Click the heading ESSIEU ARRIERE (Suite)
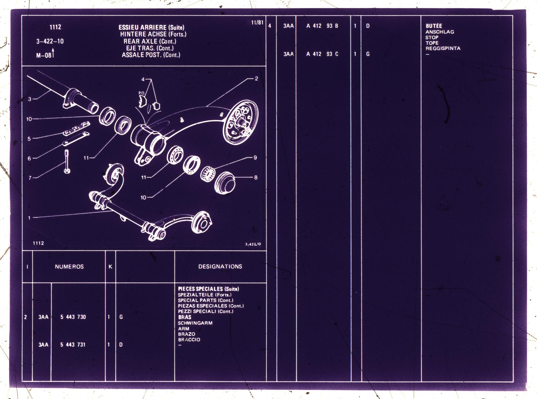click(151, 27)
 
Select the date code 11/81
click(257, 23)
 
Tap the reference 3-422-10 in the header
click(50, 41)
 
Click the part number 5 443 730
click(73, 317)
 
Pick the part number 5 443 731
click(73, 345)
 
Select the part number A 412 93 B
click(322, 26)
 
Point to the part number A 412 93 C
click(322, 54)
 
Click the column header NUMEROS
click(69, 267)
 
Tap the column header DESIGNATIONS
click(220, 267)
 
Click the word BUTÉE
click(434, 26)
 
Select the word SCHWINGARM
click(195, 323)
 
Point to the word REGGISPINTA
click(443, 48)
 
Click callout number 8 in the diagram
click(256, 177)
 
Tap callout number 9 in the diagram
click(255, 158)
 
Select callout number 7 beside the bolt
click(30, 178)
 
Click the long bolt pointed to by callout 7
click(67, 161)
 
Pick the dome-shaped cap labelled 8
click(225, 182)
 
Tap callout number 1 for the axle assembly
click(30, 218)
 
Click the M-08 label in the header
click(44, 56)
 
